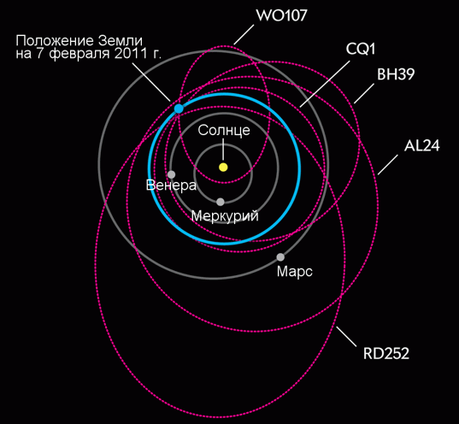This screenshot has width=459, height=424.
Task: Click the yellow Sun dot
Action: [223, 168]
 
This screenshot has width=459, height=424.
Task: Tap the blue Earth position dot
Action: [179, 109]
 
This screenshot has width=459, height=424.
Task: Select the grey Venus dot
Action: [171, 174]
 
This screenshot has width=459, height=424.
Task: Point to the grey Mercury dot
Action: [221, 202]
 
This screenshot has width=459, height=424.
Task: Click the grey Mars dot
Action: [280, 257]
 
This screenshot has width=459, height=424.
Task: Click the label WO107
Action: [281, 15]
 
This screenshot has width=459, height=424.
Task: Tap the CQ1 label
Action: [361, 50]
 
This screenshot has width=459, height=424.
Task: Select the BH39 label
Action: [396, 74]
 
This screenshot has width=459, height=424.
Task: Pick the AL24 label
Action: [422, 145]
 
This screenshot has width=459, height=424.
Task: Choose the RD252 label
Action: [386, 353]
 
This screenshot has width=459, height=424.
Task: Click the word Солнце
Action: [224, 130]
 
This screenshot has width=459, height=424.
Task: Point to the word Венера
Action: [171, 185]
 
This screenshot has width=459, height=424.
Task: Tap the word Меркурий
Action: [225, 216]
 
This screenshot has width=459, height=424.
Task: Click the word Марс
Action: [295, 272]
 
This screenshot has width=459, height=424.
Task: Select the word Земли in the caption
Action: [121, 41]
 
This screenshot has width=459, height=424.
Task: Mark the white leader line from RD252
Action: [346, 337]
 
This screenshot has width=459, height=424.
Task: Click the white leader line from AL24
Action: [388, 165]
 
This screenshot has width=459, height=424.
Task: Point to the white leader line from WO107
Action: [244, 35]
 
